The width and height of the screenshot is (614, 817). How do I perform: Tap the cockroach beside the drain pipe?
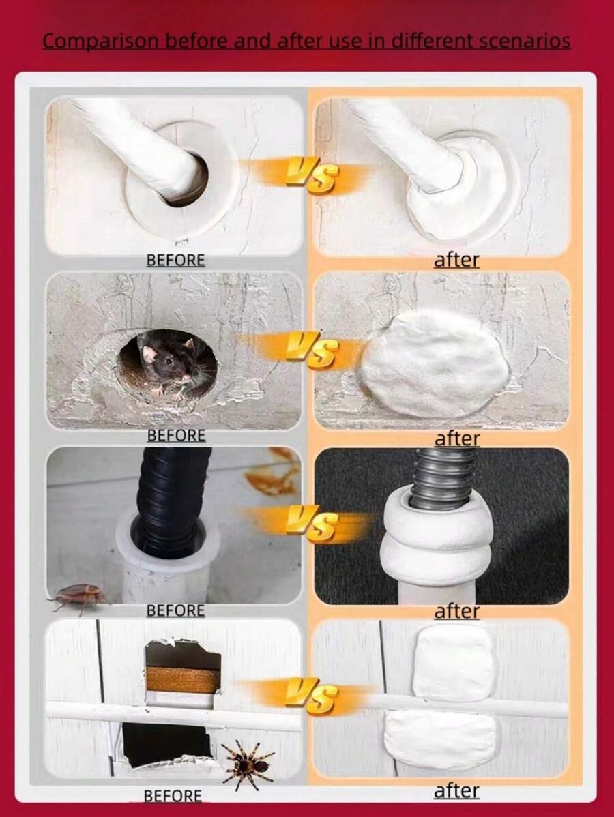(x=78, y=596)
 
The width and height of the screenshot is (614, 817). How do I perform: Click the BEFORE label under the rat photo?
(x=176, y=435)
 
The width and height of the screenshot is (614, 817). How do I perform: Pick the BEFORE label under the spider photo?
(x=173, y=796)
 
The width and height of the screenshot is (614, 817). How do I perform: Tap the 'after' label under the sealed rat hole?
(x=457, y=439)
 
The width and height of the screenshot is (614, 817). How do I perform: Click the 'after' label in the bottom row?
(x=456, y=791)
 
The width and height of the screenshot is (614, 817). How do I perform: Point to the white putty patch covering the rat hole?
(x=435, y=363)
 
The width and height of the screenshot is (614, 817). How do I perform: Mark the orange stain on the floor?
(x=273, y=477)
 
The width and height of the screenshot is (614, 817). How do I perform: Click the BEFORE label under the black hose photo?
(x=175, y=610)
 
